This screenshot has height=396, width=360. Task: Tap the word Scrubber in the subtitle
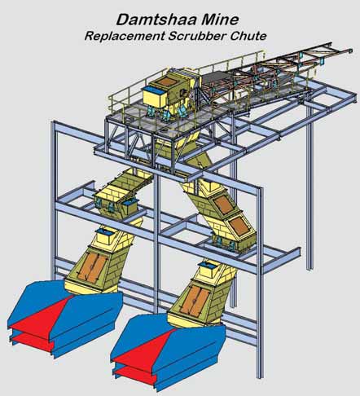coord(197,36)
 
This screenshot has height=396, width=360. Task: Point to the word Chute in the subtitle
coord(248,36)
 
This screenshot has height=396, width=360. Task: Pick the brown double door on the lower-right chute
coord(195,300)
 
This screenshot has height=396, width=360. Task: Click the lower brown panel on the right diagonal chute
coord(239,226)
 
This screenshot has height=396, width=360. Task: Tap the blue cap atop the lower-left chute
coord(104,231)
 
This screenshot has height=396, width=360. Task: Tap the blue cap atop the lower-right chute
coord(207,263)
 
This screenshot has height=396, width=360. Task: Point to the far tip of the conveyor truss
coord(351,51)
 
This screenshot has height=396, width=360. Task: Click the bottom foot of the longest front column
coord(260,377)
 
